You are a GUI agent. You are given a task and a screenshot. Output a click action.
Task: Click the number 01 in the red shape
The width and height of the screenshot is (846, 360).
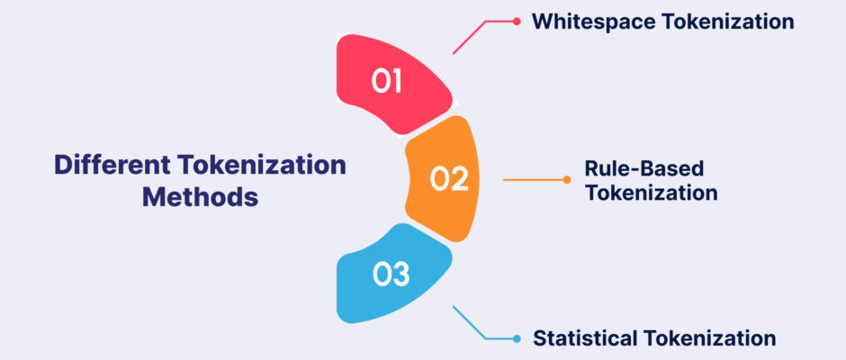pyautogui.click(x=386, y=82)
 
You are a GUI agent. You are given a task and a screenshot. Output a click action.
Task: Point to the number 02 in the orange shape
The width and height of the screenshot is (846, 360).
pyautogui.click(x=449, y=179)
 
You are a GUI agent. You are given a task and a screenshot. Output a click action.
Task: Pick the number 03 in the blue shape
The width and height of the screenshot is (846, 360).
pyautogui.click(x=391, y=274)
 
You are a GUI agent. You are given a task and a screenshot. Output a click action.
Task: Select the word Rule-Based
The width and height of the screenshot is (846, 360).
pyautogui.click(x=644, y=168)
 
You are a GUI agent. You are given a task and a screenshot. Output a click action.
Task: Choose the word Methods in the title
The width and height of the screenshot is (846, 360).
pyautogui.click(x=200, y=197)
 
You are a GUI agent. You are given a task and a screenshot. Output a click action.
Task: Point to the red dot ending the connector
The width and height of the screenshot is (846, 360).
pyautogui.click(x=517, y=22)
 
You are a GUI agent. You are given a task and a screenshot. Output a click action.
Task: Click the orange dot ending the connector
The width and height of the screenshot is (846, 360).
pyautogui.click(x=566, y=180)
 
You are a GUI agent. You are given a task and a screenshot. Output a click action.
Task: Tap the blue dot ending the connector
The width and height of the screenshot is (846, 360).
pyautogui.click(x=517, y=339)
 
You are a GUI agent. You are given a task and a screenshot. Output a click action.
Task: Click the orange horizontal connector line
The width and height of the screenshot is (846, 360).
pyautogui.click(x=533, y=180)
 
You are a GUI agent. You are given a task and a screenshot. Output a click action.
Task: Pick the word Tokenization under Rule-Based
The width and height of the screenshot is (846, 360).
pyautogui.click(x=652, y=193)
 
